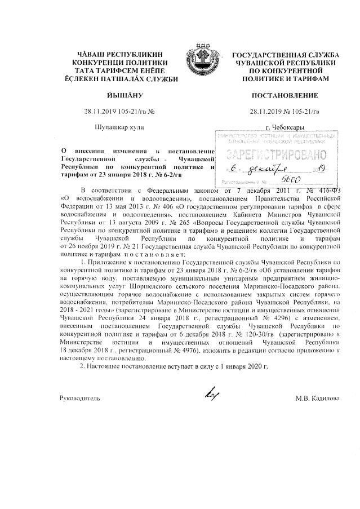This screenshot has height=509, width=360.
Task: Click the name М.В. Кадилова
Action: (317, 398)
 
